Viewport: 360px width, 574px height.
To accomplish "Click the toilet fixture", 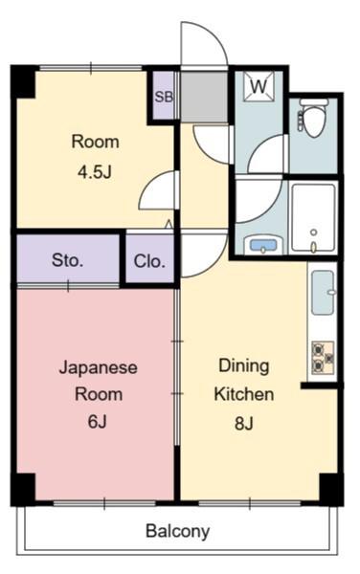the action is coord(312,117).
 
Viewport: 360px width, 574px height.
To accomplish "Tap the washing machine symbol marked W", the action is coord(259,86).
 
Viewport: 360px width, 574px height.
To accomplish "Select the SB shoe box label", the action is coord(164,97).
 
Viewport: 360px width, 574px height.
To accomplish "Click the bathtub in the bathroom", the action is coord(313,218).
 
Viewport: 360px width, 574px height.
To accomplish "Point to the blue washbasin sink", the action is coord(263,245).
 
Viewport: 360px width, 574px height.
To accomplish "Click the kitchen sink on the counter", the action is coord(323,292).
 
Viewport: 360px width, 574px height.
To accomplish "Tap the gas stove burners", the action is coord(323,358).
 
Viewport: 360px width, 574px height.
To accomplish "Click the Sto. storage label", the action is coord(68,260).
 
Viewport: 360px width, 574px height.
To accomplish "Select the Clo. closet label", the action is coord(149,261).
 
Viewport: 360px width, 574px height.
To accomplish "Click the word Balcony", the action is coord(178,531).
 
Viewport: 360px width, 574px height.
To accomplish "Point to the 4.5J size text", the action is coord(94,171).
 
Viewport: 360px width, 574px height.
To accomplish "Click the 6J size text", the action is coord(97,422).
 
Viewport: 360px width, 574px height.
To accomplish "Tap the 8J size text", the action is coord(243,423).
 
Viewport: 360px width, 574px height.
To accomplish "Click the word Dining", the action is coord(244,366).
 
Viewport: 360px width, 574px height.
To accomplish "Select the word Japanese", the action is coord(99,367).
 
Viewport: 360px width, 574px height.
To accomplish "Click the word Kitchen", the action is coord(244,394).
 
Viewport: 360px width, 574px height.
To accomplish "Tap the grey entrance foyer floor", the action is coord(204,96).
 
